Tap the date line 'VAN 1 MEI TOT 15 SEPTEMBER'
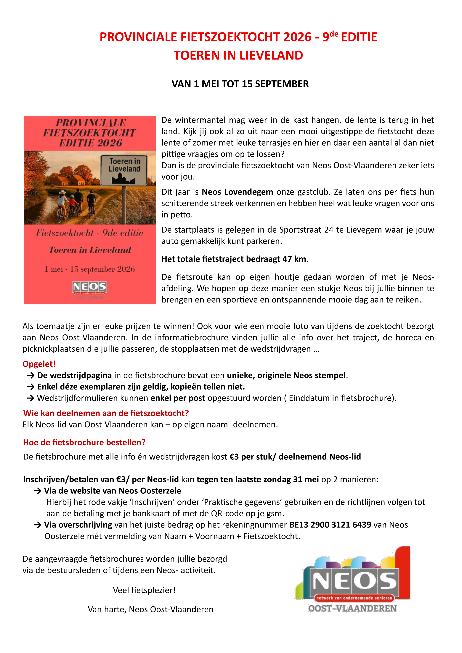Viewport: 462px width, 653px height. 240,84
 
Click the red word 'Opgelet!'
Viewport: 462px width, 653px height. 39,364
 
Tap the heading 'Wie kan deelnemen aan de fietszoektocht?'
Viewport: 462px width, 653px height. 106,413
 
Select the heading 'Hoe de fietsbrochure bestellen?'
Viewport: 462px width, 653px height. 84,443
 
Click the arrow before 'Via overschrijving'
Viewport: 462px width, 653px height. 38,525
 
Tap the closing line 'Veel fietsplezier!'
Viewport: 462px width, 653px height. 144,590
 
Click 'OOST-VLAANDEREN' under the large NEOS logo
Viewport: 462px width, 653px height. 352,608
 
